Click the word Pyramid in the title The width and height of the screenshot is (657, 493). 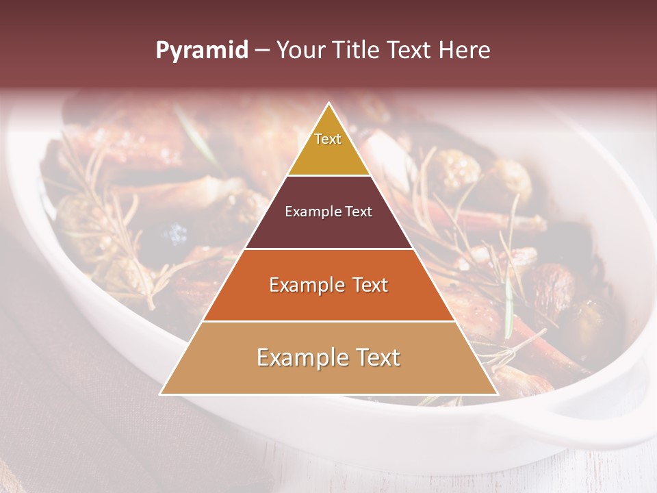[201, 50]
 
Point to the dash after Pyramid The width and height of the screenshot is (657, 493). [261, 51]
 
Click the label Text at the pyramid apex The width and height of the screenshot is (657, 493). [328, 139]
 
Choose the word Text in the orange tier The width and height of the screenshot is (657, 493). [366, 285]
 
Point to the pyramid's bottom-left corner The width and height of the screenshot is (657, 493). [161, 394]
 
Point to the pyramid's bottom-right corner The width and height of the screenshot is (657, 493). [497, 394]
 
